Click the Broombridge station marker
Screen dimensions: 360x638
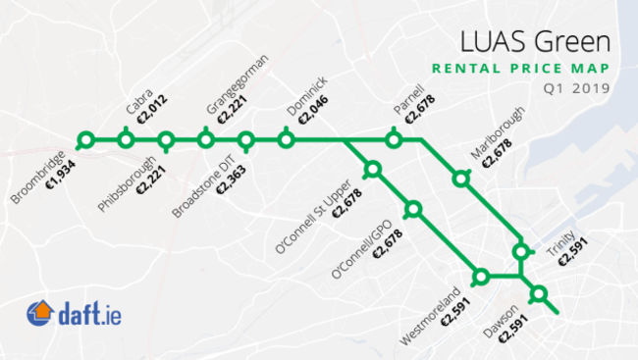coord(86,140)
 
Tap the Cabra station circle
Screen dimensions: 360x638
coord(126,140)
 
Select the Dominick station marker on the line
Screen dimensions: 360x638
coord(286,140)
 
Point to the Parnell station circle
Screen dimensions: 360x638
coord(394,140)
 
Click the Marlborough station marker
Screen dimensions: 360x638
coord(460,178)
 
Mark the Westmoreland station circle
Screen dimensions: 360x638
coord(481,277)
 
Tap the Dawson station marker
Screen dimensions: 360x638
coord(538,293)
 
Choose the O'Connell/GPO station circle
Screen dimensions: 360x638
coord(412,209)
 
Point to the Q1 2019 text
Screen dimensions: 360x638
coord(583,88)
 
